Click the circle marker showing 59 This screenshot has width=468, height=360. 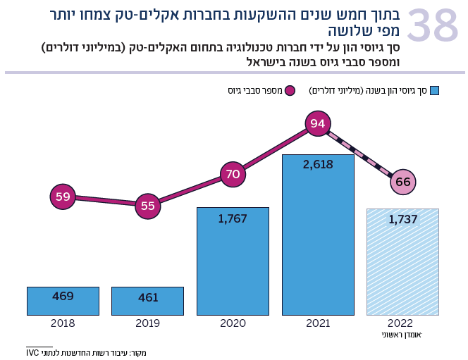click(63, 197)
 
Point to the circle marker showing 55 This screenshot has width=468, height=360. click(148, 206)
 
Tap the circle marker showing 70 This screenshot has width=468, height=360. click(233, 173)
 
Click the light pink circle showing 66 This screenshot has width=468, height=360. click(403, 182)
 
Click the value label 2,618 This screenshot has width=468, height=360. click(318, 164)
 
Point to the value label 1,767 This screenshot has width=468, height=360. click(233, 218)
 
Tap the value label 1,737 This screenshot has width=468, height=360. click(402, 219)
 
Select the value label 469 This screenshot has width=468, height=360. click(63, 296)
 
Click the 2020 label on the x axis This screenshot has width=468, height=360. click(233, 323)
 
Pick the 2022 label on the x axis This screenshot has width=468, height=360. click(402, 323)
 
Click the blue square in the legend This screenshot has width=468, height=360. click(434, 91)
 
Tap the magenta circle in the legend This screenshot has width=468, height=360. click(290, 91)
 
